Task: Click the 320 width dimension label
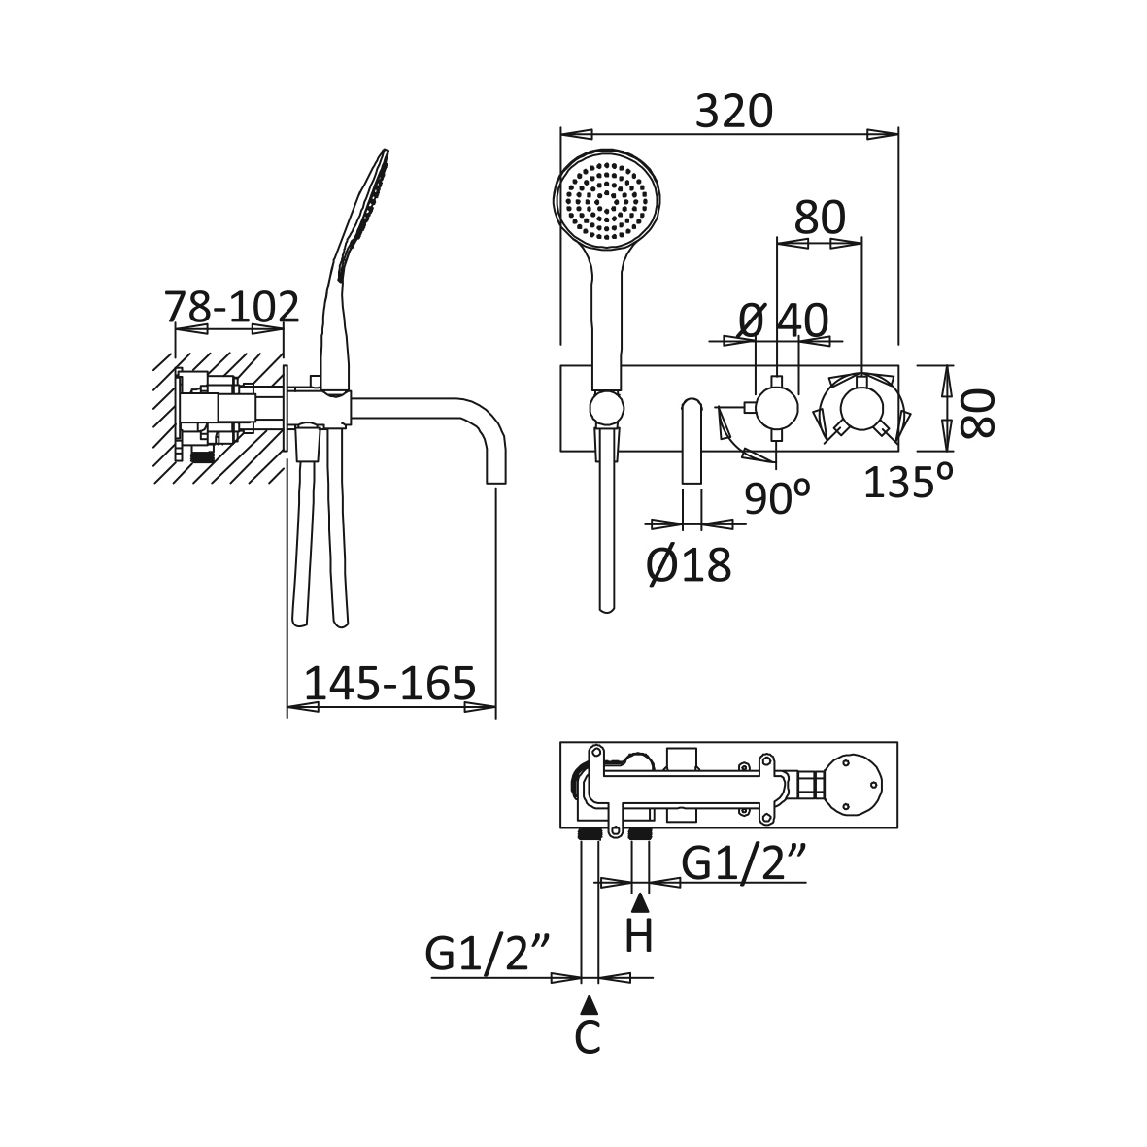[x=733, y=112]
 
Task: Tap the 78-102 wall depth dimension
[x=231, y=308]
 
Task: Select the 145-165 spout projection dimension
[x=390, y=684]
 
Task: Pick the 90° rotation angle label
[x=777, y=498]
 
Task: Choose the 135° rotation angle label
[x=908, y=481]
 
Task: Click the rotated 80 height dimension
[x=979, y=413]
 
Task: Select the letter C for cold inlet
[x=588, y=1037]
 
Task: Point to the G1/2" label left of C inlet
[x=488, y=954]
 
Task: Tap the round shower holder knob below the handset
[x=607, y=408]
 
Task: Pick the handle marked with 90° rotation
[x=777, y=406]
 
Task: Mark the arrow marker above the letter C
[x=588, y=1004]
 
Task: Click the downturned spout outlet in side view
[x=496, y=476]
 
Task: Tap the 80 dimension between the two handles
[x=820, y=219]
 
